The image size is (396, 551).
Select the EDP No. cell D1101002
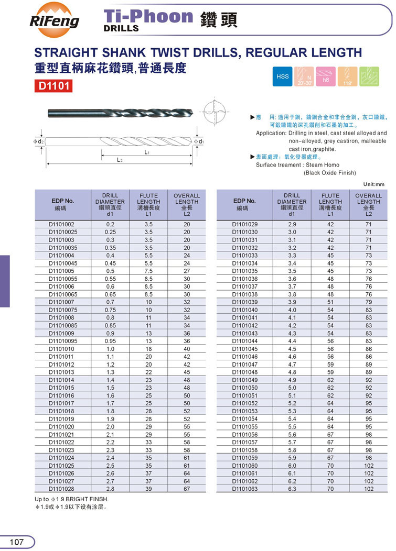[61, 224]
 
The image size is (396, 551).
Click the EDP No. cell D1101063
[245, 489]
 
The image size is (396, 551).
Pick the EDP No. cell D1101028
[61, 489]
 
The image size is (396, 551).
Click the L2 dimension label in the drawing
[120, 160]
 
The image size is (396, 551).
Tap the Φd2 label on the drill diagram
[37, 142]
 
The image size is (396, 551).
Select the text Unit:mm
[373, 184]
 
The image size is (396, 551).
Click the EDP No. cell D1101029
[245, 224]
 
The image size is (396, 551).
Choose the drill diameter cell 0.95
[110, 341]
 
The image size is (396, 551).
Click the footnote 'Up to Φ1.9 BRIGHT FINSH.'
[71, 499]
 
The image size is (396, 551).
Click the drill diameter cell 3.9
[292, 302]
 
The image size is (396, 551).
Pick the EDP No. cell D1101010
[61, 348]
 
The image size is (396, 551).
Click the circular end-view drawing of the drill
[215, 112]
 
